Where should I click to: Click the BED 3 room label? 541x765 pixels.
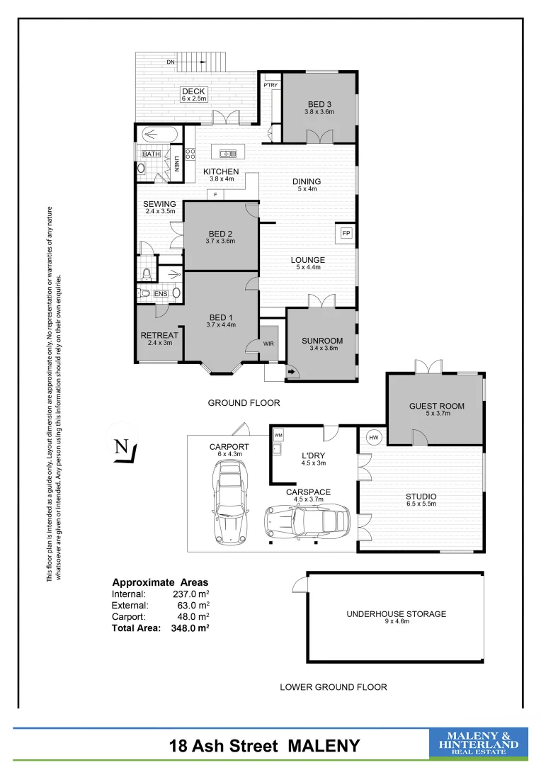coord(319,104)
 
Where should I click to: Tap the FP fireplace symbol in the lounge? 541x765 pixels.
coord(346,233)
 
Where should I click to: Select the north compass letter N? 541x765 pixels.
coord(121,447)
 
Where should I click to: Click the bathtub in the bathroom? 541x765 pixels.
coord(159,133)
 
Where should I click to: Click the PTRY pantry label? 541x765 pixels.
coord(270,86)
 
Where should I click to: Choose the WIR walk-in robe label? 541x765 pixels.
coord(268,344)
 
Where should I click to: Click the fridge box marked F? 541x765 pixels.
coord(215,194)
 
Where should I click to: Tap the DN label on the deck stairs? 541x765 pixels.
coord(171,62)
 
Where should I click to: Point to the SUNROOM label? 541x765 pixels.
coord(323,340)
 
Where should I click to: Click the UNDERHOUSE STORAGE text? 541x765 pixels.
coord(396,614)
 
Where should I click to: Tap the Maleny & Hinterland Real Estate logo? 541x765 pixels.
coord(479,744)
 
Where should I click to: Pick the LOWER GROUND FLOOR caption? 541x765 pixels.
coord(333,687)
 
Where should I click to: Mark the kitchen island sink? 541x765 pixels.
coord(227,153)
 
